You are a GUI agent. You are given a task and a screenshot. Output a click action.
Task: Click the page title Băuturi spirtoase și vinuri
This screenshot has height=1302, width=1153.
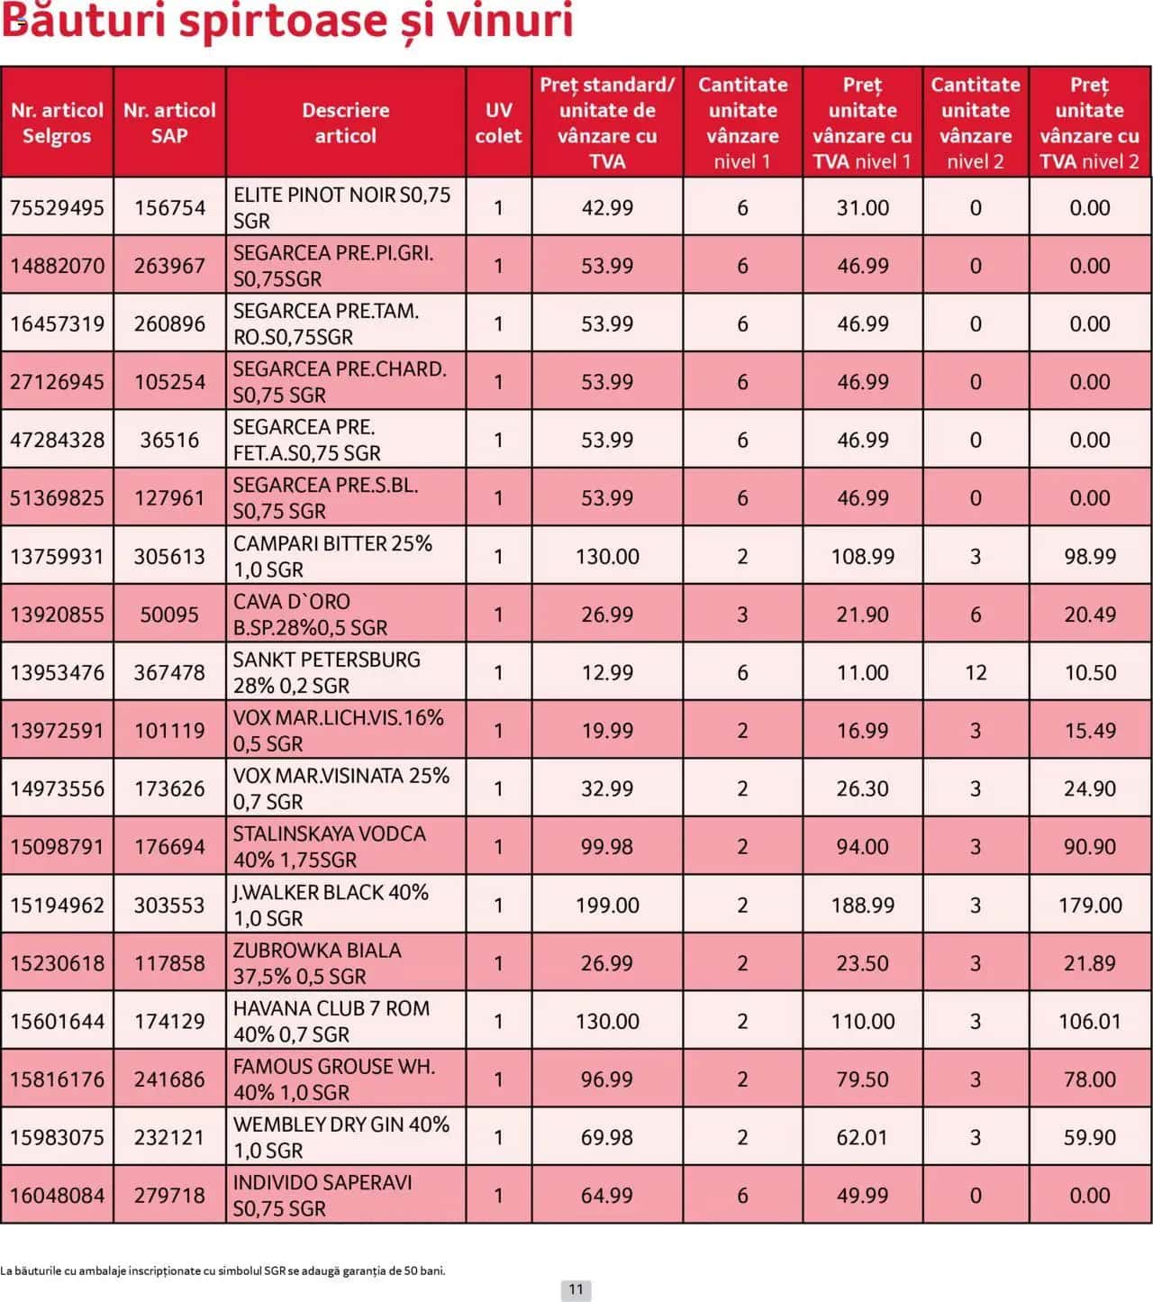coord(287,22)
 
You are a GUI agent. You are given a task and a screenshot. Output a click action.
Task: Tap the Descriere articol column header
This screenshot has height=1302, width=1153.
coord(345,123)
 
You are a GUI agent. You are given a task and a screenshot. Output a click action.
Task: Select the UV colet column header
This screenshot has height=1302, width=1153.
coord(498,123)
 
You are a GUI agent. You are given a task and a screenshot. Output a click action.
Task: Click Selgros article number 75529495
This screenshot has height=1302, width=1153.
coord(57,207)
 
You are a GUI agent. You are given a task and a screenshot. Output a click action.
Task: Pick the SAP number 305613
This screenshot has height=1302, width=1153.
coord(169,556)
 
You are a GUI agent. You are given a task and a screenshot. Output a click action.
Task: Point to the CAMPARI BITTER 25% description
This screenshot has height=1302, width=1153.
coord(332,556)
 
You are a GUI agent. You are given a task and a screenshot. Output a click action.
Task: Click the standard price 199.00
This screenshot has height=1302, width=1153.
coord(607,905)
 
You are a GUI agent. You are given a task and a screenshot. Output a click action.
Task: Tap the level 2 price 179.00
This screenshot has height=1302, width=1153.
coord(1089,905)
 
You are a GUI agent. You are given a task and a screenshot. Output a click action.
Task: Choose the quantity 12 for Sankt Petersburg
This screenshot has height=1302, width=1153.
coord(976,672)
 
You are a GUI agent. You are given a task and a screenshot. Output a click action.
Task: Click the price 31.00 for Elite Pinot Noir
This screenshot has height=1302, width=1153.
coord(862,207)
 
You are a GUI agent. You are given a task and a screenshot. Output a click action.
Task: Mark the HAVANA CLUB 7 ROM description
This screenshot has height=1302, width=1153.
coord(331,1021)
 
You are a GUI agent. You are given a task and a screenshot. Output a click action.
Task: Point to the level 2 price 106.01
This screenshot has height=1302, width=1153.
coord(1089,1021)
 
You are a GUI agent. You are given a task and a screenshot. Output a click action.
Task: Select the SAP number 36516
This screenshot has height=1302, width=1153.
coord(169,440)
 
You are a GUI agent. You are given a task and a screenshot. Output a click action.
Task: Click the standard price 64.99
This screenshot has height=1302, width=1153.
coord(607,1196)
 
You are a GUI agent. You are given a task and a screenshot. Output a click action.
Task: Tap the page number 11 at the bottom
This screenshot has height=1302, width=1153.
coord(576,1289)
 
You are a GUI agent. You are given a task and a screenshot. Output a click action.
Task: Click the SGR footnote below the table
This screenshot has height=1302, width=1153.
coord(223,1270)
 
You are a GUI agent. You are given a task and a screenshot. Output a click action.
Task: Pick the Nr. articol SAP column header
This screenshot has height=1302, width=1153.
coord(169,123)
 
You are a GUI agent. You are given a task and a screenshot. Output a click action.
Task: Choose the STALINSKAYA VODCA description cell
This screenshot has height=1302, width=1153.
coord(330,846)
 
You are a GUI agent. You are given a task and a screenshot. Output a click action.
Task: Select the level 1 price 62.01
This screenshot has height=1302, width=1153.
coord(862,1137)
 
